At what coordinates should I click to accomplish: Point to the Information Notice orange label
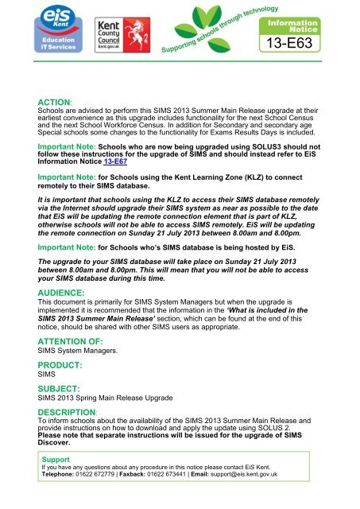coord(317,19)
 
